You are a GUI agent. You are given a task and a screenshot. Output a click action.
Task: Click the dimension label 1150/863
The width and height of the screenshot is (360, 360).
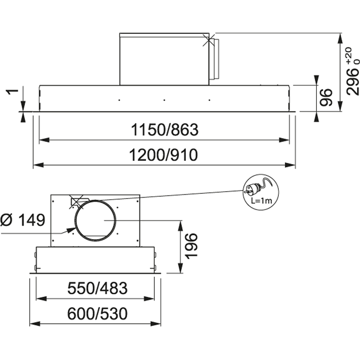pyautogui.click(x=165, y=130)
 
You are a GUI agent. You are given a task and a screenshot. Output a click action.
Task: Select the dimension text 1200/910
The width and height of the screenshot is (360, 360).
pyautogui.click(x=164, y=155)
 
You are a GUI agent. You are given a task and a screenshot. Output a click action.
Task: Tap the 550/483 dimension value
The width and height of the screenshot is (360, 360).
pyautogui.click(x=98, y=288)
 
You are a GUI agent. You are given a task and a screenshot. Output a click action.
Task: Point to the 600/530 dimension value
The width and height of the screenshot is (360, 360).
pyautogui.click(x=98, y=314)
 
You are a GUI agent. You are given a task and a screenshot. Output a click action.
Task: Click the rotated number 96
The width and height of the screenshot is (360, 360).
pyautogui.click(x=326, y=98)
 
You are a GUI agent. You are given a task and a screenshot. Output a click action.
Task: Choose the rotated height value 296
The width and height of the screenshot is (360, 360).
pyautogui.click(x=352, y=82)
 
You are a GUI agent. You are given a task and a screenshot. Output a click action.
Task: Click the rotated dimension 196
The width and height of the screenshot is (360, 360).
pyautogui.click(x=191, y=247)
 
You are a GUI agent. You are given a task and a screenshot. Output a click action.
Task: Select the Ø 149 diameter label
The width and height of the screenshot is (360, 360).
pyautogui.click(x=23, y=220)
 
